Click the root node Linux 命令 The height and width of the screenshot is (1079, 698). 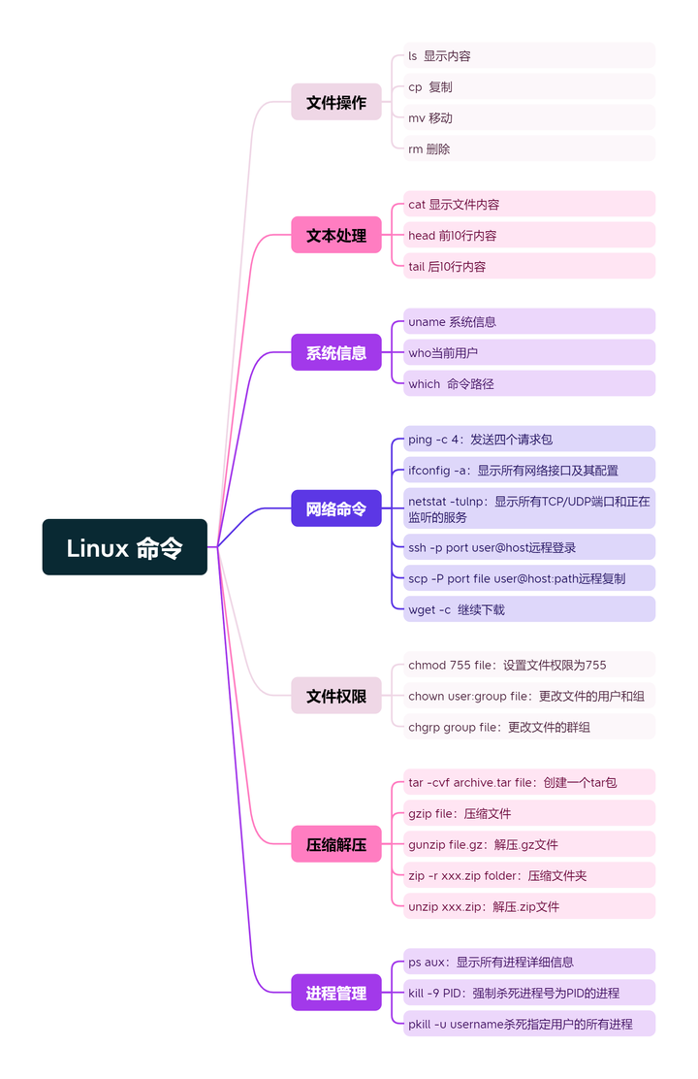(x=125, y=547)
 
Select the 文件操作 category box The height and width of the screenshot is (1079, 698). (x=336, y=102)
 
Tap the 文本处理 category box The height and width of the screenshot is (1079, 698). (x=336, y=235)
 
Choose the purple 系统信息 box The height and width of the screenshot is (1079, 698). (x=336, y=352)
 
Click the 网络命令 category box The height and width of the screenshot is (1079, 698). (x=336, y=508)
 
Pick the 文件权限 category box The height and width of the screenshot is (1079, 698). (x=336, y=696)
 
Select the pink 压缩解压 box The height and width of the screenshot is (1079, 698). (x=336, y=844)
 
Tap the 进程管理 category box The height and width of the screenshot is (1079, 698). (x=336, y=993)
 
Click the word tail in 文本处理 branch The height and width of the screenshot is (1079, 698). (x=417, y=266)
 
